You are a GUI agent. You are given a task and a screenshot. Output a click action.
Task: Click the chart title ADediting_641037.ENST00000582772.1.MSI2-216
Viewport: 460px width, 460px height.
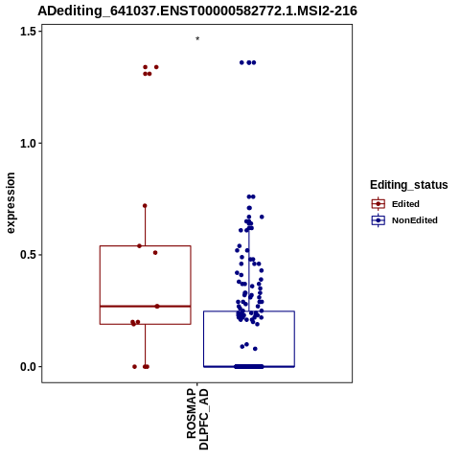197,11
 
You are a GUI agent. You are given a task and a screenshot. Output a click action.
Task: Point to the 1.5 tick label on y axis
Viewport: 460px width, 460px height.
28,32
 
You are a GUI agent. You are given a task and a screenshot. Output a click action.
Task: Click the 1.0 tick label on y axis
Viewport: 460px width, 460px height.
28,144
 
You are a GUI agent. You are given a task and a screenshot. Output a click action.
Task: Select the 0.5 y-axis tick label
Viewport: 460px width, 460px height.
28,255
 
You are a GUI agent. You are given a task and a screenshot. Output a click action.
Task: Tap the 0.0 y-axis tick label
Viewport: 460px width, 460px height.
28,367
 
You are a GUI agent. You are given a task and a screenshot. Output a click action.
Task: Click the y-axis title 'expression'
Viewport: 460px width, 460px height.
11,203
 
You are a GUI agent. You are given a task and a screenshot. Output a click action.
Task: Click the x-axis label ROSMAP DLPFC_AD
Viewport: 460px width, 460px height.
197,419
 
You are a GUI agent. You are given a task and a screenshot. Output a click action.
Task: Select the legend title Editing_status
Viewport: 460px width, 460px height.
409,185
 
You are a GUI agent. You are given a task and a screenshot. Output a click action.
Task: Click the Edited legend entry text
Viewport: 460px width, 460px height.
405,204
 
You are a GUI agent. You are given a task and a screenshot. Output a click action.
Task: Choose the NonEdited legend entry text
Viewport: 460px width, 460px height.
415,220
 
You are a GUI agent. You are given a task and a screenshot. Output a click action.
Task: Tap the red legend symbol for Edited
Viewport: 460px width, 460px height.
379,204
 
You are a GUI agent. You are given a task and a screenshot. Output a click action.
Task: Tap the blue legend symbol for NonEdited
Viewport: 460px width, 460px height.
379,220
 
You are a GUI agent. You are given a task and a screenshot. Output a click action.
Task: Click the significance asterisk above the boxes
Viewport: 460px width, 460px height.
197,38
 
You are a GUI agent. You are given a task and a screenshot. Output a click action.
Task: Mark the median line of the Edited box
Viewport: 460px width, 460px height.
146,307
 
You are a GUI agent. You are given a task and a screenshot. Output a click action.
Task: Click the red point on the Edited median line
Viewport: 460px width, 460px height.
157,307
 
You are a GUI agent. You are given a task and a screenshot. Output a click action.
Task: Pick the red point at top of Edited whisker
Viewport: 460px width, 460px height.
145,206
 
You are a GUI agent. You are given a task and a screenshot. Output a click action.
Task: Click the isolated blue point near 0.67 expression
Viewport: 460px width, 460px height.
262,217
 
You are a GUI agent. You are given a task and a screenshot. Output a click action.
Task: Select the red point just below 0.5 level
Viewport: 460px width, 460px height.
155,253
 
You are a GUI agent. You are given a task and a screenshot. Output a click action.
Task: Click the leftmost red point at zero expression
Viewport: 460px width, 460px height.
134,367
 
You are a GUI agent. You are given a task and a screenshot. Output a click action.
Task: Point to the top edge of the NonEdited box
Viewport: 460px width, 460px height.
249,311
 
